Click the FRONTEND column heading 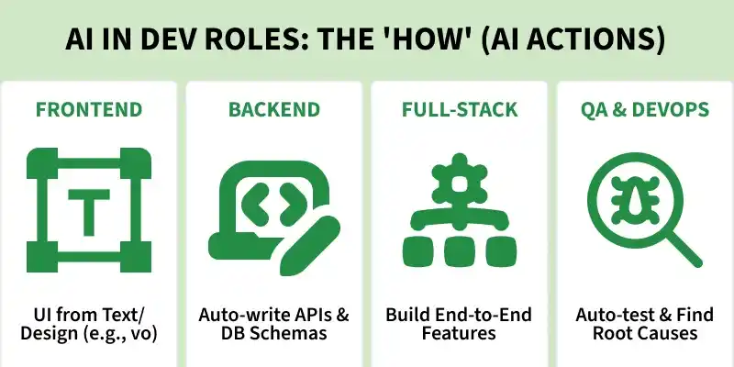pos(89,109)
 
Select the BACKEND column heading pos(274,109)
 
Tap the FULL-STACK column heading pos(460,109)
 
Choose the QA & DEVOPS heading pos(645,109)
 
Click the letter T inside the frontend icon pos(89,212)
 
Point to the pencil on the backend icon pos(310,245)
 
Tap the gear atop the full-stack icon pos(460,179)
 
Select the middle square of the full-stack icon pos(460,251)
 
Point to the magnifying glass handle pos(683,249)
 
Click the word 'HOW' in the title pos(426,40)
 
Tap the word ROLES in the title pos(251,40)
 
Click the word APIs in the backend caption pos(306,314)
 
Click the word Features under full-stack pos(459,333)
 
